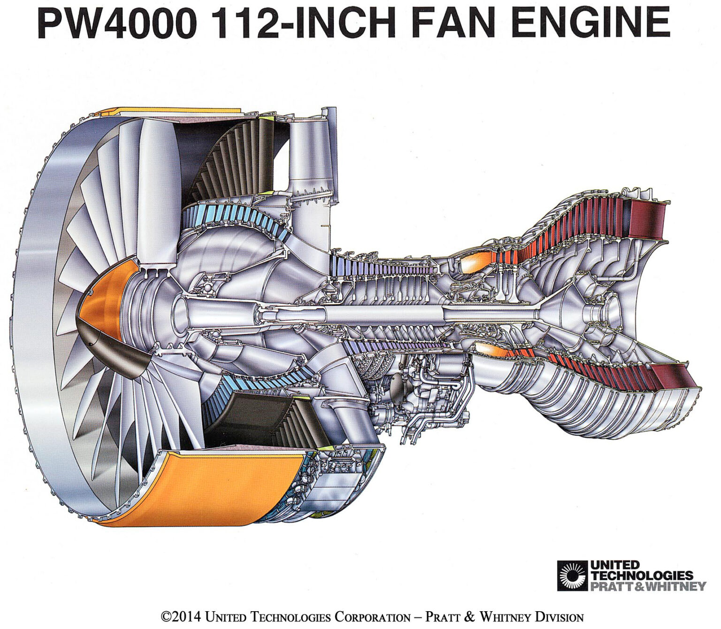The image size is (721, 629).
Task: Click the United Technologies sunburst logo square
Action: [572, 575]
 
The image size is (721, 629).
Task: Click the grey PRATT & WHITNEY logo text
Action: [648, 586]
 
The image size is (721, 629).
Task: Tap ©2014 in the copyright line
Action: [181, 616]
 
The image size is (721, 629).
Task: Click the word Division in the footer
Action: [557, 616]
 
